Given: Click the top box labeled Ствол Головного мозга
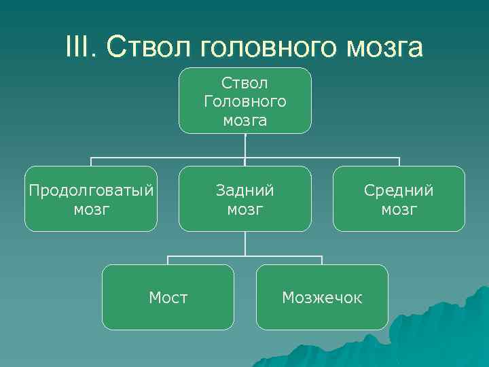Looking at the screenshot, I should (x=245, y=101).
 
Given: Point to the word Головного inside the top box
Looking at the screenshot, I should (x=245, y=102).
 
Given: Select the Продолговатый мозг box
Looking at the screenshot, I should (x=91, y=199).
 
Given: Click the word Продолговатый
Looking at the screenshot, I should (x=91, y=190).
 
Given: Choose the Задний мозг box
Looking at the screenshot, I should (x=245, y=199).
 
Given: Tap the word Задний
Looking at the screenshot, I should (x=245, y=190).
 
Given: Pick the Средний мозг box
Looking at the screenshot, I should (x=399, y=199).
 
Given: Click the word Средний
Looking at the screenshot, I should (x=399, y=190).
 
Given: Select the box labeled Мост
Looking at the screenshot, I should (x=168, y=297).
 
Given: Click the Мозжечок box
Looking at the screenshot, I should (x=322, y=297).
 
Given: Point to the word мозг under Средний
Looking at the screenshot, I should (x=399, y=209).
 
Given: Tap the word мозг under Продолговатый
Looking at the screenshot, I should (x=91, y=209).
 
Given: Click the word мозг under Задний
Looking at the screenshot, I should (x=245, y=209).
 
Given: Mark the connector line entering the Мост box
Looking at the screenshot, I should (x=168, y=260).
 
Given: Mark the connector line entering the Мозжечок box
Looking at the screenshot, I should (x=322, y=260).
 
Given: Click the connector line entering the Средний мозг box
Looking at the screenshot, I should (x=399, y=162).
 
